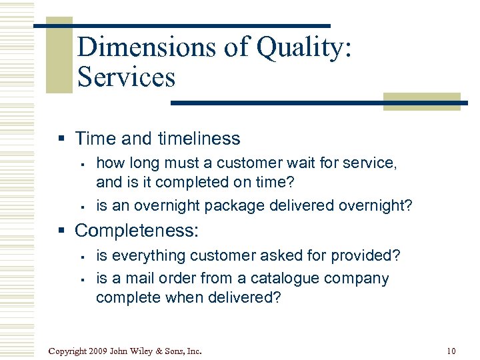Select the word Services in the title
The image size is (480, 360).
126,77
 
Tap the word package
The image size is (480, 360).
233,206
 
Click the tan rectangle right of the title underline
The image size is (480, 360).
423,101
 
